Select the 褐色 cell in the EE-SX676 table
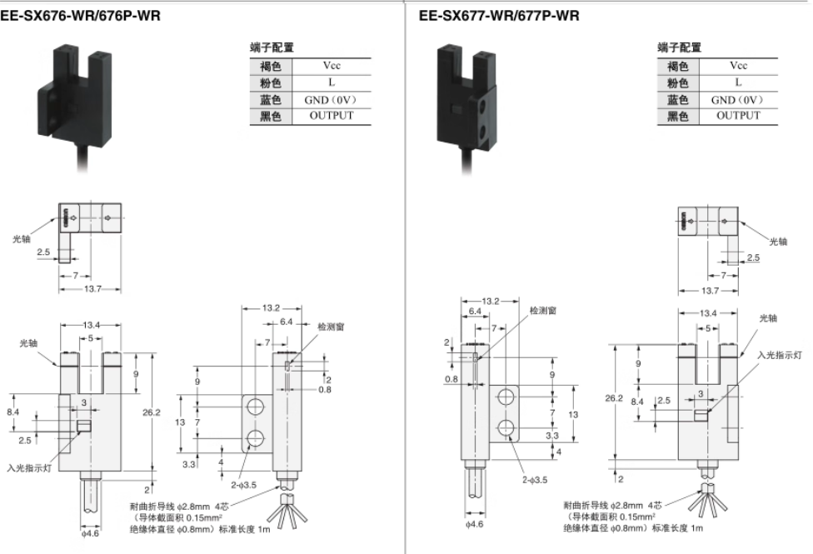(271, 65)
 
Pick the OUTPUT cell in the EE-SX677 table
(738, 116)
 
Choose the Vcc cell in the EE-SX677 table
(738, 65)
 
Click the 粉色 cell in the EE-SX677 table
(677, 82)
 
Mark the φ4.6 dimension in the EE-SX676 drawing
(90, 533)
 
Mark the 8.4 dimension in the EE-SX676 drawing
(12, 412)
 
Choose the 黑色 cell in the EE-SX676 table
(271, 116)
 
